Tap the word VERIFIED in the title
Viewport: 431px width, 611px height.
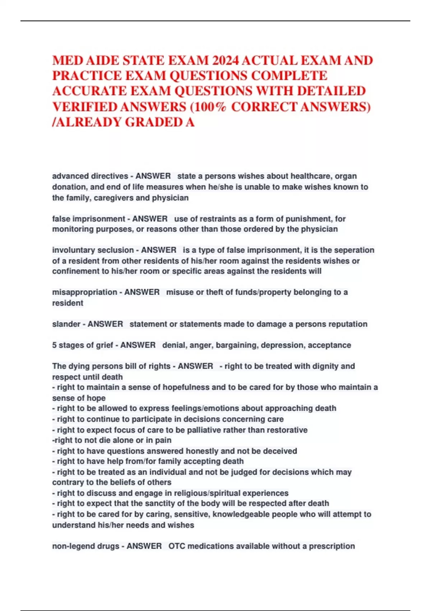tap(84, 107)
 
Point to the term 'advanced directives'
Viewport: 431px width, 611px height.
tap(90, 176)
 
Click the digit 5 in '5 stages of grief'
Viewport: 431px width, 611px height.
tap(54, 345)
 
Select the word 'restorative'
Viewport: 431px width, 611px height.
tap(286, 430)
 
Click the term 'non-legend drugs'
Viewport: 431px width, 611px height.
tap(85, 546)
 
